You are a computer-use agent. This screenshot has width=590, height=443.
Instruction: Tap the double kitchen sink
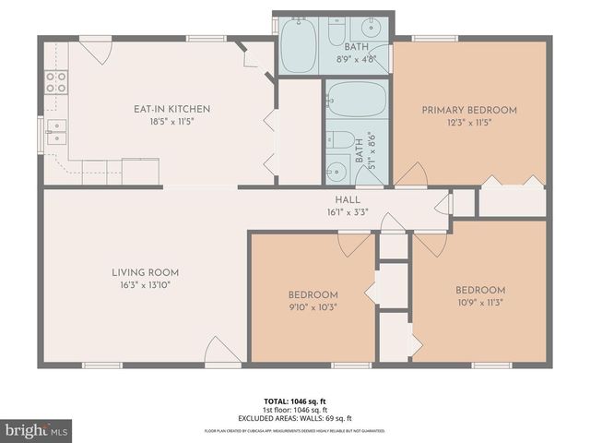pos(56,132)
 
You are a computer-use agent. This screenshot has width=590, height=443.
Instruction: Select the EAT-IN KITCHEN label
pos(172,109)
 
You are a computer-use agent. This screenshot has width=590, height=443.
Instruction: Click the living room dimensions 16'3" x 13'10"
pos(145,285)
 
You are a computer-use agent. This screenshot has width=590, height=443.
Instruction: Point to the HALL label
pos(348,199)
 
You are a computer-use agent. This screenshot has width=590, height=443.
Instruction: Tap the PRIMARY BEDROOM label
pos(469,110)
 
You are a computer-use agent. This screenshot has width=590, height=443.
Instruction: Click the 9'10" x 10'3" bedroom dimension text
pos(313,307)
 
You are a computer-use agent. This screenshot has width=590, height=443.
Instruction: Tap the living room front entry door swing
pos(220,351)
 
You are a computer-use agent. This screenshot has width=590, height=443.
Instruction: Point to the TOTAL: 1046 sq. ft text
pos(295,401)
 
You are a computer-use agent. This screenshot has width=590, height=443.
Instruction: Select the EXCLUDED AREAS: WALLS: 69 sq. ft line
pos(295,418)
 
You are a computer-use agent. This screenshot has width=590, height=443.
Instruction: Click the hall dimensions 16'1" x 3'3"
pos(348,211)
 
